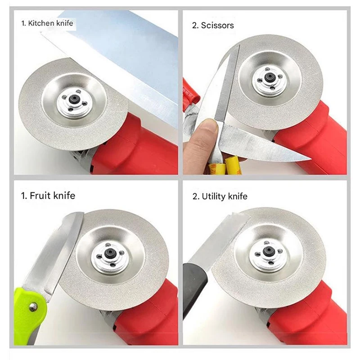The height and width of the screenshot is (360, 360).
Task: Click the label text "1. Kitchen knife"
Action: [x=47, y=22]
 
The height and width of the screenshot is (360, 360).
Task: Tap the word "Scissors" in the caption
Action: [x=218, y=25]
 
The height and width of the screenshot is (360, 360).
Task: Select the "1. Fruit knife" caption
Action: [x=48, y=196]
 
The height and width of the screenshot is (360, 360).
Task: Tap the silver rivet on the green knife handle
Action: [x=33, y=306]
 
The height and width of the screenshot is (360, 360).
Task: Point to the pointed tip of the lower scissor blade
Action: [x=309, y=158]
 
